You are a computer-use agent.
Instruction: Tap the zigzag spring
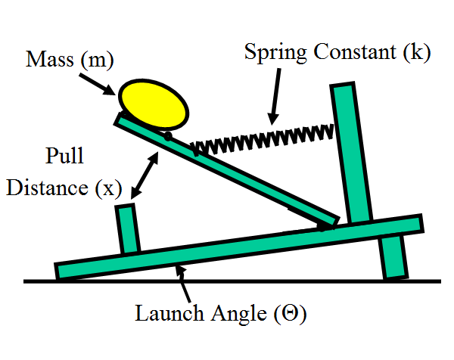[262, 138]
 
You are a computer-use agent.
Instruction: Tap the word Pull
[64, 158]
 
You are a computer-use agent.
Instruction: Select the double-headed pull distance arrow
[145, 173]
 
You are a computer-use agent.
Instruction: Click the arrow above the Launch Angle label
[185, 284]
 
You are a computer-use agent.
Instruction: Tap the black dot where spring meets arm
[168, 136]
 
